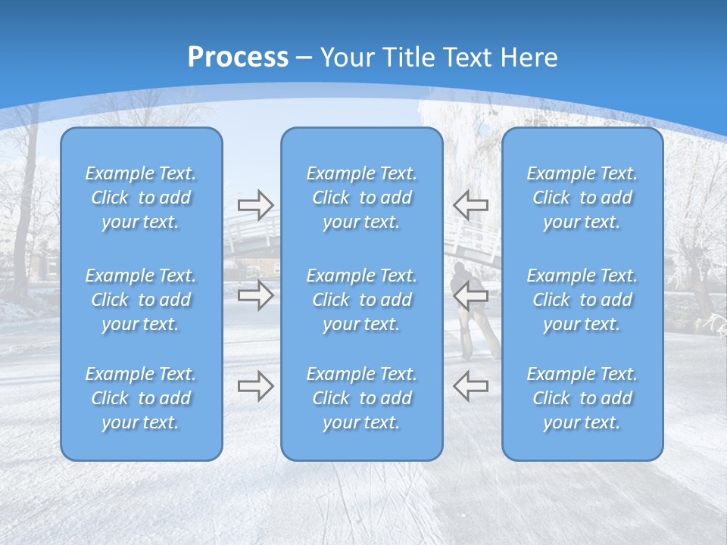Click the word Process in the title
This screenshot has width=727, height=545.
pos(238,57)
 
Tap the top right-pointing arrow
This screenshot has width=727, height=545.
pos(255,204)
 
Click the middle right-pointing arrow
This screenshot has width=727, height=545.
pos(255,295)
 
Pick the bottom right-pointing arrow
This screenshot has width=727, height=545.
pos(255,386)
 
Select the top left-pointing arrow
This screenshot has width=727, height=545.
pos(470,204)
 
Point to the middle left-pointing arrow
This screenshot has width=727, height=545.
pos(470,295)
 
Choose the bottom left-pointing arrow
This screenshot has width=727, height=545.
pos(470,386)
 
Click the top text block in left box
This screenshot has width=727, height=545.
pos(141,198)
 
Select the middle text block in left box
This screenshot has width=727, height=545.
pos(141,300)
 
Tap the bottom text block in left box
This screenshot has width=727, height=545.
pos(141,398)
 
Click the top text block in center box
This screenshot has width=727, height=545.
pos(361,198)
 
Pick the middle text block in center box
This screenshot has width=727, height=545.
pos(361,300)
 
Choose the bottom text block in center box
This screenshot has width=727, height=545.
pos(361,398)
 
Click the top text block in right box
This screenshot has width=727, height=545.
pos(582,198)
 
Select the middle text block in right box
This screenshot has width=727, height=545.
pos(582,300)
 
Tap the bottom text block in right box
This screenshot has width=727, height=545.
pos(582,398)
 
